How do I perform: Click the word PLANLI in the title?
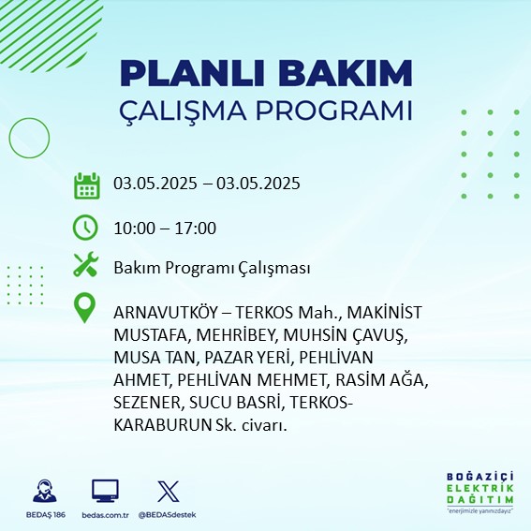pyautogui.click(x=192, y=73)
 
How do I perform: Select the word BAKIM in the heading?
pyautogui.click(x=345, y=73)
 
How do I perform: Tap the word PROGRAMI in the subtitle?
pyautogui.click(x=334, y=111)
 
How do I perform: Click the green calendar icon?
pyautogui.click(x=87, y=185)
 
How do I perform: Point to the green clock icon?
pyautogui.click(x=85, y=228)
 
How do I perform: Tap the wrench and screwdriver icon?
pyautogui.click(x=85, y=264)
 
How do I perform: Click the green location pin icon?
pyautogui.click(x=84, y=308)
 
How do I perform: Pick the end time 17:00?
pyautogui.click(x=196, y=229)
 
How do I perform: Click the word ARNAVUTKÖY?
pyautogui.click(x=165, y=312)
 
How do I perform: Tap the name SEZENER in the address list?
pyautogui.click(x=146, y=403)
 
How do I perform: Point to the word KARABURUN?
pyautogui.click(x=163, y=425)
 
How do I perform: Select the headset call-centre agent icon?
pyautogui.click(x=45, y=491)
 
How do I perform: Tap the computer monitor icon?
pyautogui.click(x=105, y=491)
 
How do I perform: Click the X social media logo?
pyautogui.click(x=169, y=491)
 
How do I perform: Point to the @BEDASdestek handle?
pyautogui.click(x=167, y=515)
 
